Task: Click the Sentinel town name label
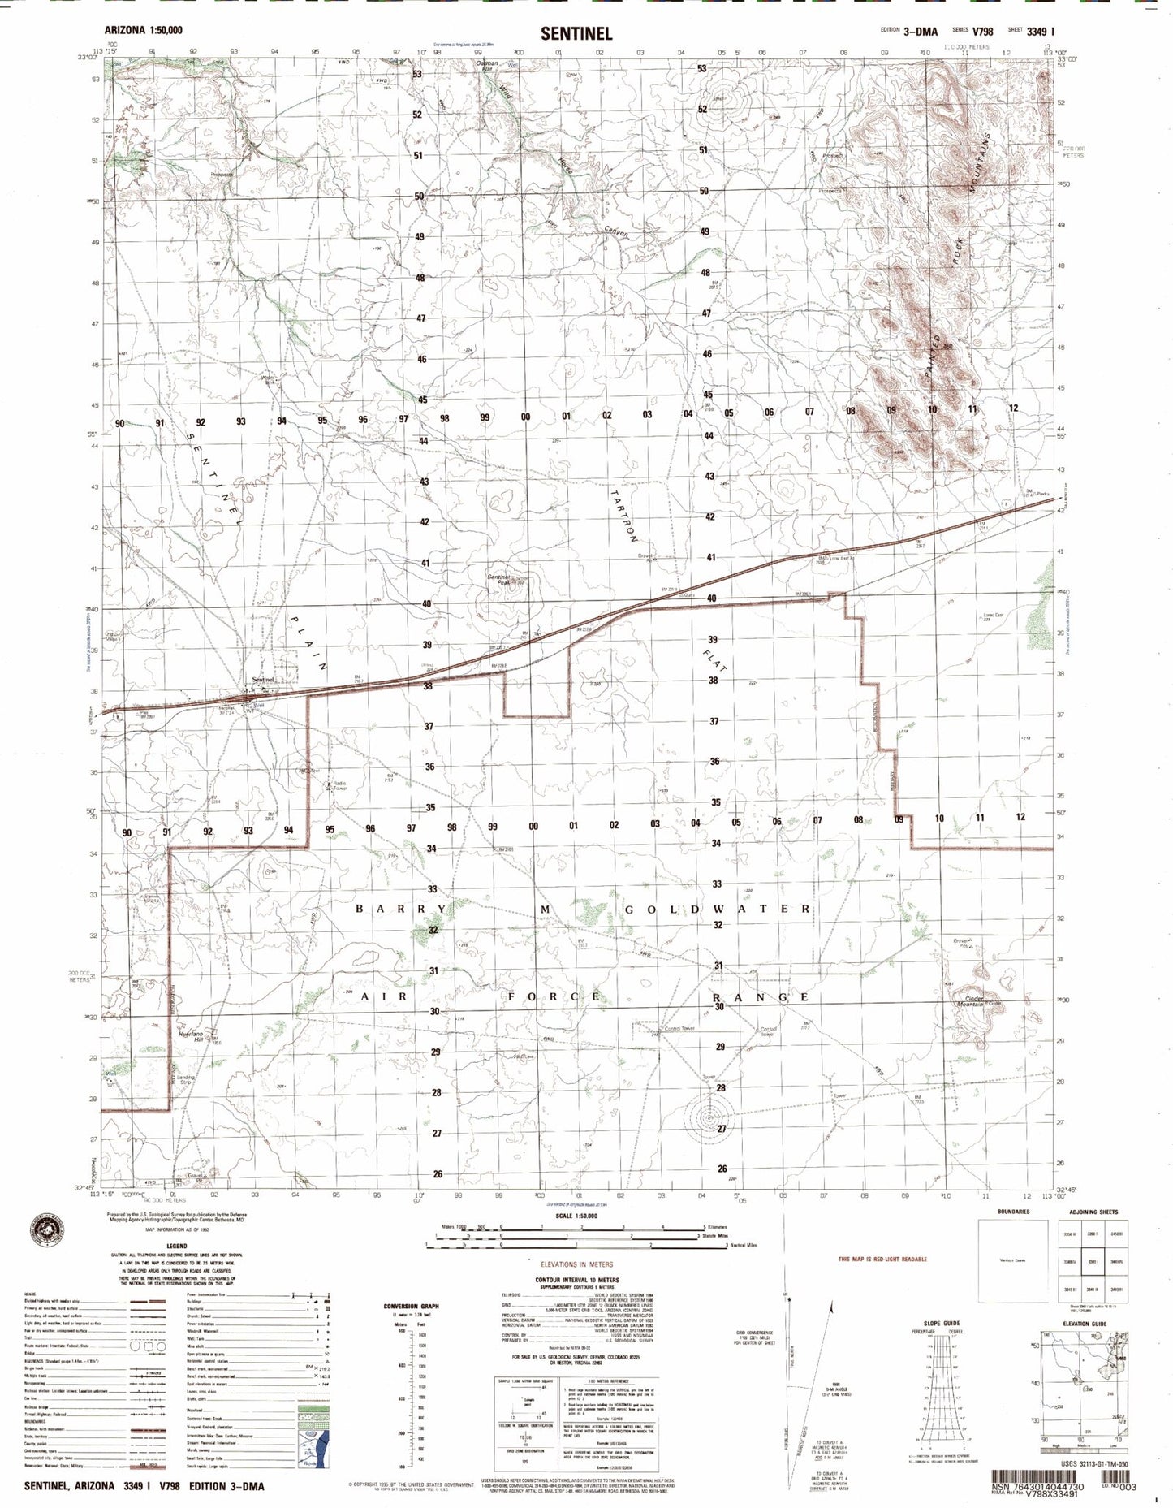click(x=263, y=679)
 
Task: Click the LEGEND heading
click(x=176, y=1246)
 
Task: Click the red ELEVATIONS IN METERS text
click(x=576, y=1264)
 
